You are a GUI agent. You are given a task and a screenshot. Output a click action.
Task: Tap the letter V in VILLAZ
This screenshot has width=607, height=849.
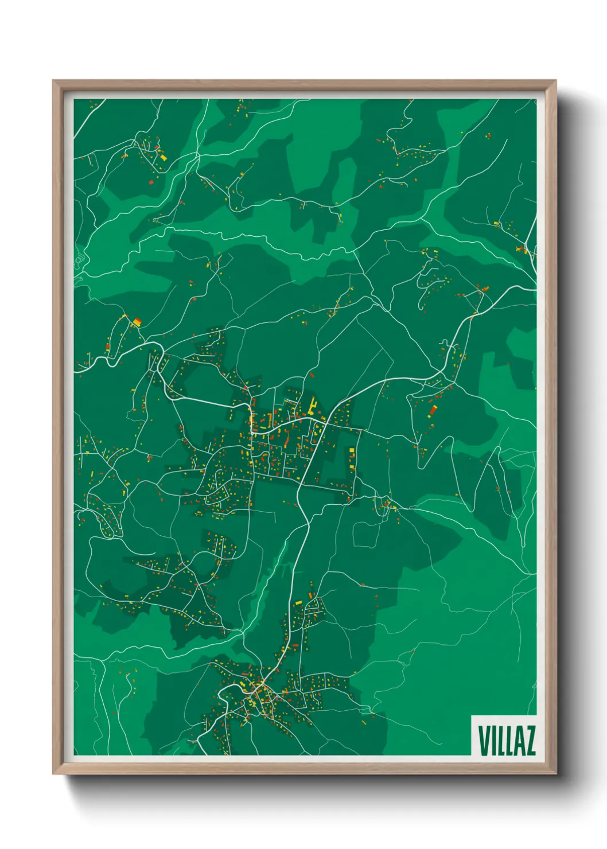coord(484,741)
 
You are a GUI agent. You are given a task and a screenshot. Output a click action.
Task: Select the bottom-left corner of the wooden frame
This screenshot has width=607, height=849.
coord(53,774)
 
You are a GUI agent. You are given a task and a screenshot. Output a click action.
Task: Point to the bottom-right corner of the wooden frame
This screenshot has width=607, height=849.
coord(555,774)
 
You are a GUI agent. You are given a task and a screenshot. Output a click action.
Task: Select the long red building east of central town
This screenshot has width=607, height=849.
coord(433,410)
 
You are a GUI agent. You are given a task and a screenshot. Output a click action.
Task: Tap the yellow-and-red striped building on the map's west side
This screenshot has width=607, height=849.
coord(137,322)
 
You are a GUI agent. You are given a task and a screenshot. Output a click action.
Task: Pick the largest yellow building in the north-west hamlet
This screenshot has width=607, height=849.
coord(163,157)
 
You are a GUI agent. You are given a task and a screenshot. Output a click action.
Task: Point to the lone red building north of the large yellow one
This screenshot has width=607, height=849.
coord(312,375)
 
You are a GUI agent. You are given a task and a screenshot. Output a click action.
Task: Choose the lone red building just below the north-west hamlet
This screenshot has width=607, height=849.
coord(151,182)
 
